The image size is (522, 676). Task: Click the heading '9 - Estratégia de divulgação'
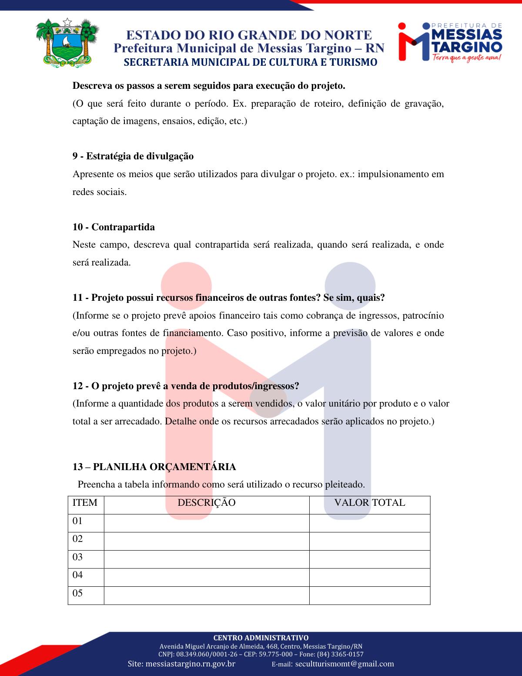pyautogui.click(x=133, y=156)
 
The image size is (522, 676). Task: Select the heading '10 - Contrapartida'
pyautogui.click(x=114, y=227)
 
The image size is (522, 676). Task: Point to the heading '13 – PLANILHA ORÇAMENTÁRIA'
pyautogui.click(x=154, y=467)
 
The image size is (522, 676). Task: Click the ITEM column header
pyautogui.click(x=85, y=503)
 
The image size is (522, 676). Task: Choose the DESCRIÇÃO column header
pyautogui.click(x=207, y=503)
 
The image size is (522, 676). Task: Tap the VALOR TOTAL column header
pyautogui.click(x=369, y=503)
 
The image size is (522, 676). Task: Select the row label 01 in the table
pyautogui.click(x=77, y=521)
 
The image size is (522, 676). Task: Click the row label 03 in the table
pyautogui.click(x=77, y=557)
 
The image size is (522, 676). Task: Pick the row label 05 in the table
pyautogui.click(x=77, y=593)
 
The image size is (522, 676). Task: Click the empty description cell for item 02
pyautogui.click(x=207, y=541)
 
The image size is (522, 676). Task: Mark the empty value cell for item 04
pyautogui.click(x=369, y=577)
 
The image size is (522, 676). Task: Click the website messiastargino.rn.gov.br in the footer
pyautogui.click(x=191, y=664)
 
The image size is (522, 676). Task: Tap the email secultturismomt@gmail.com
pyautogui.click(x=345, y=664)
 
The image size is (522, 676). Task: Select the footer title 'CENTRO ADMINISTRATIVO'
pyautogui.click(x=261, y=638)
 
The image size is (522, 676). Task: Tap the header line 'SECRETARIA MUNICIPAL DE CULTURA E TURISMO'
pyautogui.click(x=250, y=62)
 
